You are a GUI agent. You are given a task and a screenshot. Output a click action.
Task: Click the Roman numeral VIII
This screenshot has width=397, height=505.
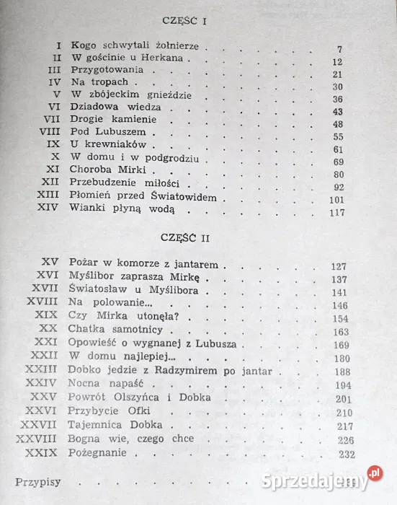click(48, 133)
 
